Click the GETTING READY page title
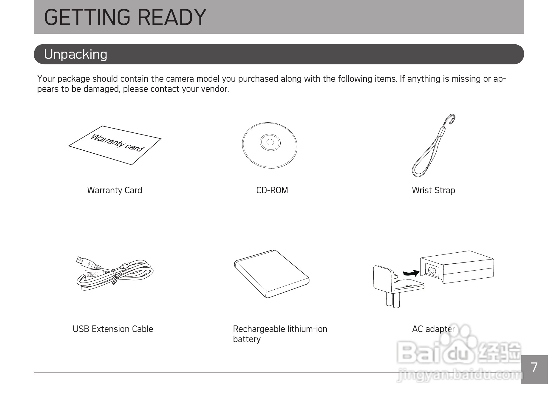coord(125,17)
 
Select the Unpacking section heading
coord(75,54)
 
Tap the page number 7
coord(534,368)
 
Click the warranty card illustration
coord(115,145)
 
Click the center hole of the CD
coord(270,142)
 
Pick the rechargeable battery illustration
coord(272,274)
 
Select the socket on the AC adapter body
coord(432,271)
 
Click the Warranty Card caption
coord(115,190)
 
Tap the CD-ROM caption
coord(272,190)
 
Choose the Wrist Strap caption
coord(433,190)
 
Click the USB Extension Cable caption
coord(113,329)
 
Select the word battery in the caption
coord(247,339)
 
